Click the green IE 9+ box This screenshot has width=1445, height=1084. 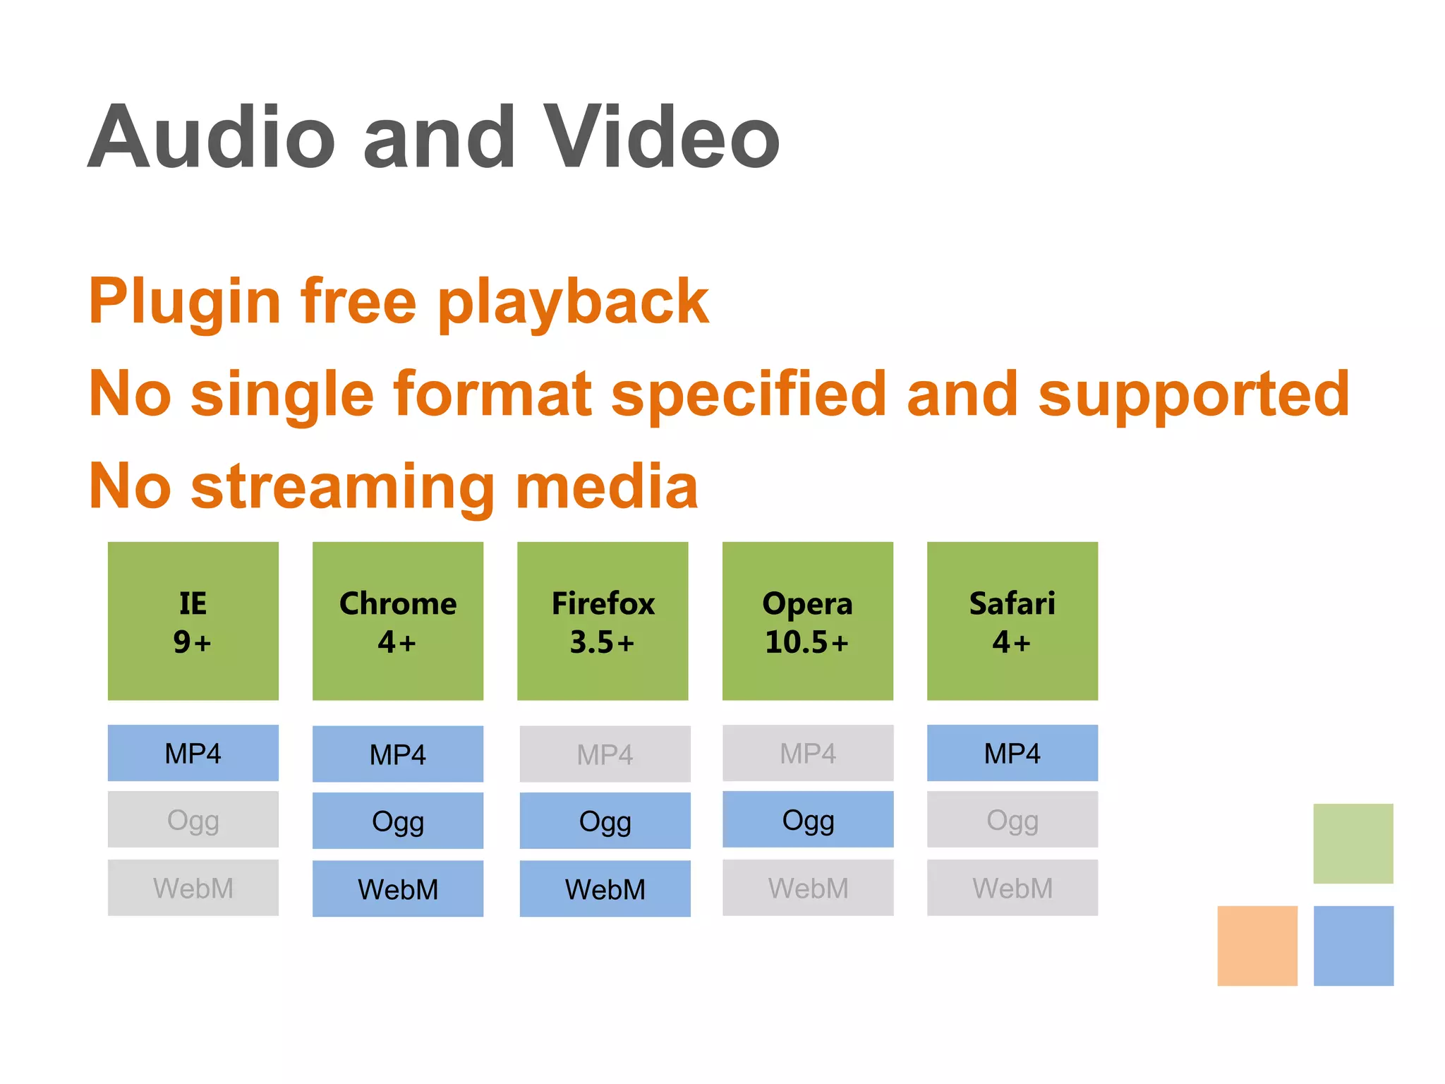click(x=193, y=621)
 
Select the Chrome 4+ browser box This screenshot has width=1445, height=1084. click(x=398, y=621)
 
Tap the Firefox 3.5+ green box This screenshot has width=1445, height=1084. click(x=603, y=621)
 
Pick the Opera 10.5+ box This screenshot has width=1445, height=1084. click(x=807, y=621)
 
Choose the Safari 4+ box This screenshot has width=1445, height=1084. click(x=1012, y=621)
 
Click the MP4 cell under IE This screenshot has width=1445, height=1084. click(x=193, y=753)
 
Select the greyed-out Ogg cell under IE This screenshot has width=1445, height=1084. click(x=193, y=819)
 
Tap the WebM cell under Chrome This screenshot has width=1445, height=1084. click(x=398, y=889)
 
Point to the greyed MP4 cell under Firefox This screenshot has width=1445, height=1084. click(x=605, y=754)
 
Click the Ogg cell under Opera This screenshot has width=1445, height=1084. click(x=808, y=819)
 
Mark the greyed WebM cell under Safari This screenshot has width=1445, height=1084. click(x=1012, y=888)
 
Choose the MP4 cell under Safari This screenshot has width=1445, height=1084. click(x=1012, y=753)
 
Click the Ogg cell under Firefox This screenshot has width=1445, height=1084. click(x=605, y=821)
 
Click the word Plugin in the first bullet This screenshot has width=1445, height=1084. click(x=185, y=302)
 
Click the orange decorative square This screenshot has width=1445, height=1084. click(x=1257, y=946)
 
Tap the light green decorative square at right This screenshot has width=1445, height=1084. click(x=1353, y=843)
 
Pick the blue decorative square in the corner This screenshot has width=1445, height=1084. click(x=1353, y=946)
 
